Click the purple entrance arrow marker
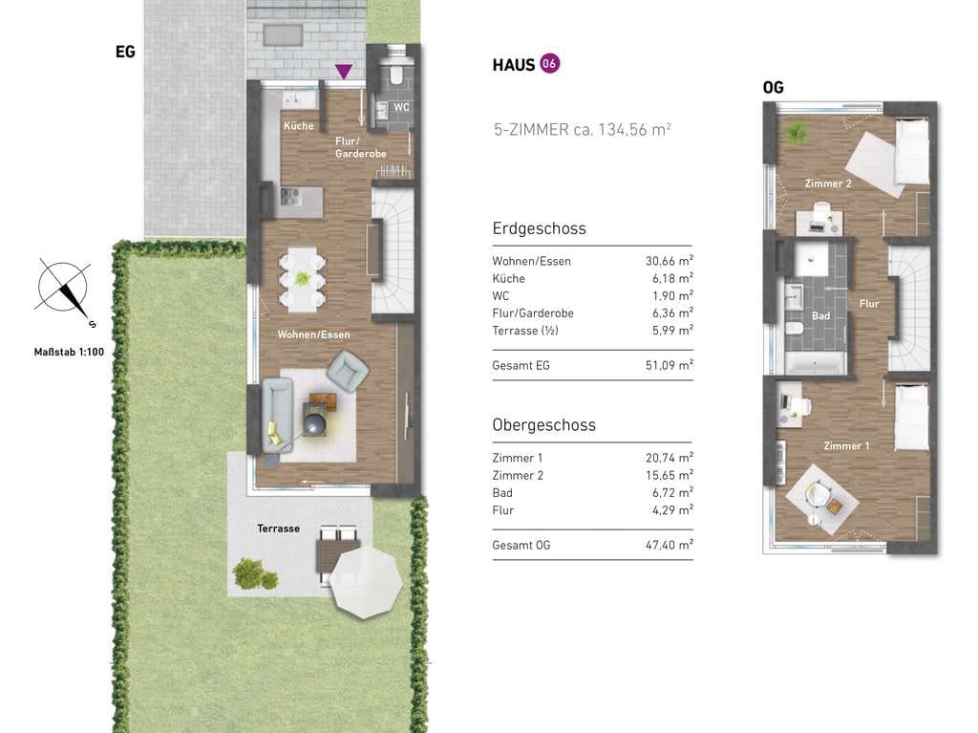(x=343, y=71)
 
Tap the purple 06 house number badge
(x=549, y=64)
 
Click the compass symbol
(x=64, y=289)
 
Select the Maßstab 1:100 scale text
(x=69, y=352)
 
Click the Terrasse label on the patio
(x=278, y=528)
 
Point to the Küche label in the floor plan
(x=298, y=126)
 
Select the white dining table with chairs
(x=302, y=279)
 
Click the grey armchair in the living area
(x=348, y=371)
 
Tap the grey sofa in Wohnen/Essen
(x=278, y=414)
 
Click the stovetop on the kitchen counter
(x=290, y=197)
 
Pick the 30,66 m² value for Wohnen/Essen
(x=670, y=261)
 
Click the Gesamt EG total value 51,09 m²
(x=670, y=365)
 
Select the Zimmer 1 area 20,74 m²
(x=670, y=458)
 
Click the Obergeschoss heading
(x=543, y=425)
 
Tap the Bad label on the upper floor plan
(x=820, y=316)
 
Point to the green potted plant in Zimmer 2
(x=795, y=133)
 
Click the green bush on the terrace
(x=255, y=573)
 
